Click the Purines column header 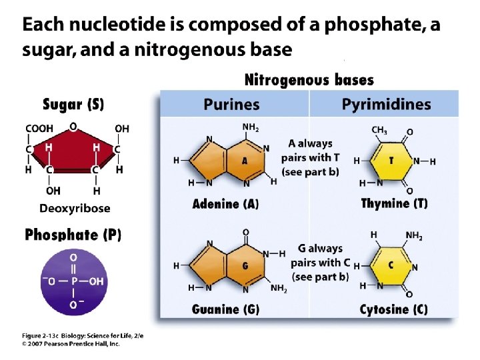click(231, 105)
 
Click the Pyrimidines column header click(386, 105)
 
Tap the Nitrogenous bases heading click(309, 81)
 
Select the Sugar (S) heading click(73, 104)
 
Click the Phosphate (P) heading click(73, 235)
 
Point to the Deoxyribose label click(75, 209)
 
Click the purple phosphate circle click(73, 281)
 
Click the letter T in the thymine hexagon click(391, 161)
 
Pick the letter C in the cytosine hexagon click(391, 265)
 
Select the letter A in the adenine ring click(245, 160)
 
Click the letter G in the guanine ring click(245, 265)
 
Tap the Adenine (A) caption click(225, 204)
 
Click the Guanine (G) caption click(225, 309)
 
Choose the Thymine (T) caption click(394, 204)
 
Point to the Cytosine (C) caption click(394, 309)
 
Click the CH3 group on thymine click(379, 130)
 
